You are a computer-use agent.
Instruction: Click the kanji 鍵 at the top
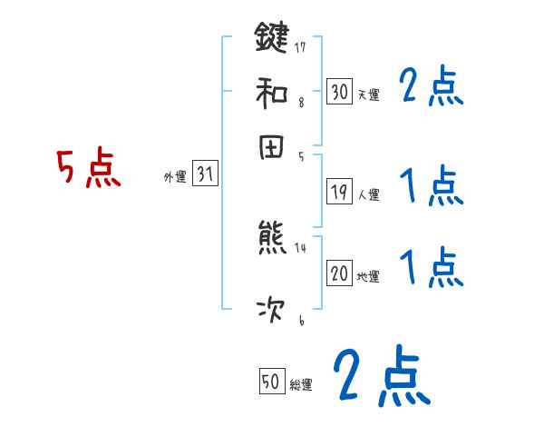(x=272, y=38)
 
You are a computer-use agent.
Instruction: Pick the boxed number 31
(x=205, y=174)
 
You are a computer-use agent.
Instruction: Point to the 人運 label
(x=368, y=194)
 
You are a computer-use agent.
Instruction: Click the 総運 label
(x=301, y=385)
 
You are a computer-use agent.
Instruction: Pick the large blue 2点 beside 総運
(x=381, y=375)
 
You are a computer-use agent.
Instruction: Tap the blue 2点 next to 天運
(x=431, y=88)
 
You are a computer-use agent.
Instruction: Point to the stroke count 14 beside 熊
(x=299, y=247)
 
